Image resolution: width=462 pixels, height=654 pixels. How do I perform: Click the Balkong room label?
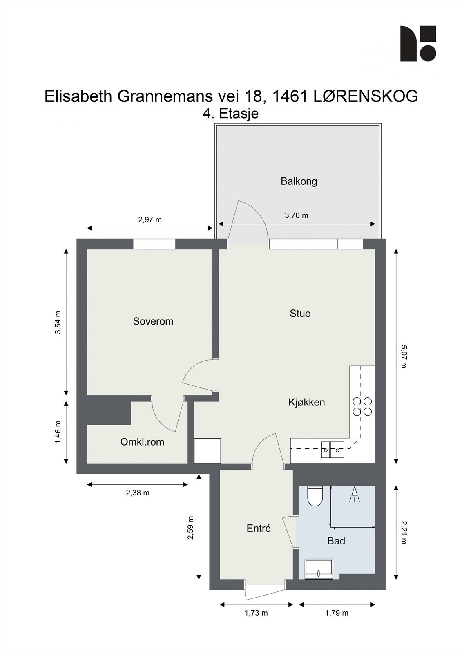(299, 181)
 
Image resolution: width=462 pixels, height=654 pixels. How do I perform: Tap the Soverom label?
(153, 321)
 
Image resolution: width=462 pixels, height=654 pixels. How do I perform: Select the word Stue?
(300, 314)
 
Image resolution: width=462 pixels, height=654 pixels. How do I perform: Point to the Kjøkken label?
(306, 402)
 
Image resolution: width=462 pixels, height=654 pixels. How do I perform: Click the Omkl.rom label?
(142, 442)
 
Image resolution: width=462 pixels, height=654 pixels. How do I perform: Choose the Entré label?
(259, 529)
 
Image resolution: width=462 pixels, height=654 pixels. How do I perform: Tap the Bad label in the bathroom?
(336, 541)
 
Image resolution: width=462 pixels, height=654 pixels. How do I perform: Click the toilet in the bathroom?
(315, 496)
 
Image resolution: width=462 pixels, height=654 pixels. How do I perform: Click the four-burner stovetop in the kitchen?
(362, 406)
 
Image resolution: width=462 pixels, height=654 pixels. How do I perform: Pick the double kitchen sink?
(333, 450)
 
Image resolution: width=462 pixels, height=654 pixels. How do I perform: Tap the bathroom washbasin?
(319, 569)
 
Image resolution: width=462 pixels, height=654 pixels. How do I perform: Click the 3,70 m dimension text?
(296, 215)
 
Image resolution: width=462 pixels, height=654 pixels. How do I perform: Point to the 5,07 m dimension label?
(403, 356)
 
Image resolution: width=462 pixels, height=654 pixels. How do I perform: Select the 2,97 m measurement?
(150, 220)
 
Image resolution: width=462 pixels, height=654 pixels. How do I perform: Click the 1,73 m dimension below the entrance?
(256, 613)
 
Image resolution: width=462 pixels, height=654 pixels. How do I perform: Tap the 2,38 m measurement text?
(138, 493)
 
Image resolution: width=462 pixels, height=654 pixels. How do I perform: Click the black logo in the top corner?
(418, 44)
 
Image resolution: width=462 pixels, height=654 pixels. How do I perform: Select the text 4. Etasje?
(231, 113)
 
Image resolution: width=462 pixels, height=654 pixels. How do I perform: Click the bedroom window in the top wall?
(154, 244)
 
